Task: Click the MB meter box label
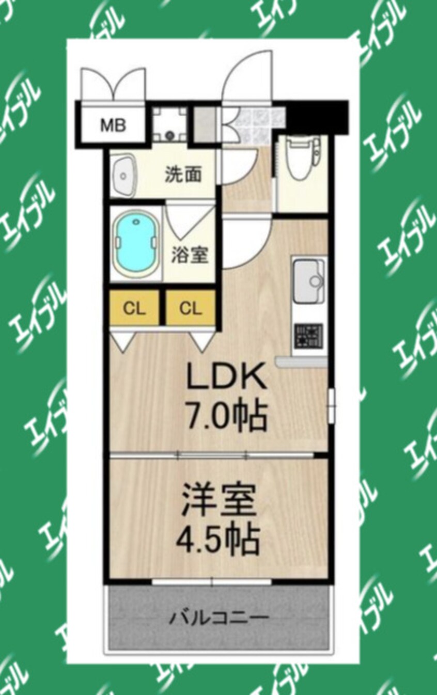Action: pos(113,125)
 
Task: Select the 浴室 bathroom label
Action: pos(190,255)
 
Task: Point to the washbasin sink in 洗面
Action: pos(123,175)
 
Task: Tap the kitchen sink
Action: pos(308,279)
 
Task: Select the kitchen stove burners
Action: pos(308,336)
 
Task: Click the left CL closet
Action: pos(135,308)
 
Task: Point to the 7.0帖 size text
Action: pos(227,416)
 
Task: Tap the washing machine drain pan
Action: pos(170,124)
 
